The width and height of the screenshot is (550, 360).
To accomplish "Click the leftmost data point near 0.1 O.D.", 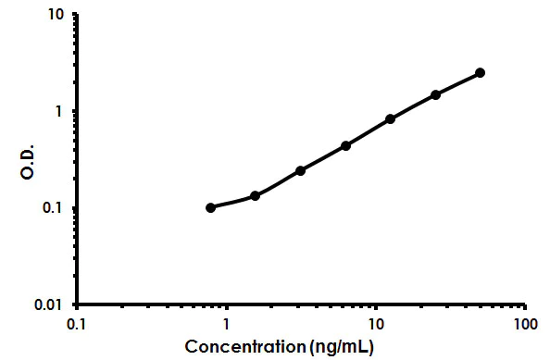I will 210,207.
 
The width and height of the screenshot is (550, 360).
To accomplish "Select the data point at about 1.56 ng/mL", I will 255,195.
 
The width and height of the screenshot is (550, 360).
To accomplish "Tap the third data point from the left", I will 300,170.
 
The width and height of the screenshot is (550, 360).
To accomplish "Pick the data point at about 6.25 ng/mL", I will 345,145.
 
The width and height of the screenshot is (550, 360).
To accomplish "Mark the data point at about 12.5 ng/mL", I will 390,118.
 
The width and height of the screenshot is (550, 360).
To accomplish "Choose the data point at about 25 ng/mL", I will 435,94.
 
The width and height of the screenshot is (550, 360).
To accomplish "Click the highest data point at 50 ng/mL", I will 480,72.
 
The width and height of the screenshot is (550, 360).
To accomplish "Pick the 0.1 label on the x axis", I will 78,325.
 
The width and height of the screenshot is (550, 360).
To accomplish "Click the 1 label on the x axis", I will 226,325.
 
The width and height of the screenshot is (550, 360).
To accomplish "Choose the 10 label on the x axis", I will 375,325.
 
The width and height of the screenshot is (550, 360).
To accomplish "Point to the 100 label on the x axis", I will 524,325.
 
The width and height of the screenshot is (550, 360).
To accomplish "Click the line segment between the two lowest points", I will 232,202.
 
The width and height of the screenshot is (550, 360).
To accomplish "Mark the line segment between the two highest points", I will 457,83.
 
